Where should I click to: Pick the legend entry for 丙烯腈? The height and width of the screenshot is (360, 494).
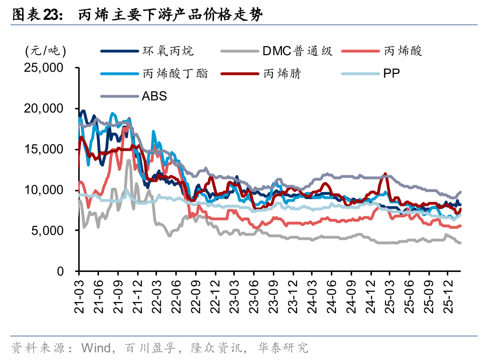[x=282, y=74]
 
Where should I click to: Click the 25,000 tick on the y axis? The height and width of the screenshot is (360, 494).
[x=43, y=68]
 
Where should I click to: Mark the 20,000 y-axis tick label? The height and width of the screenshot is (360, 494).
[x=43, y=109]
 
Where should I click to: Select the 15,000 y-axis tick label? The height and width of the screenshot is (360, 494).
[x=43, y=149]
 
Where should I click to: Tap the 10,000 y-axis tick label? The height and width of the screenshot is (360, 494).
[x=43, y=190]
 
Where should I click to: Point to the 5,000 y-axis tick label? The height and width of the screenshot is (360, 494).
[x=47, y=231]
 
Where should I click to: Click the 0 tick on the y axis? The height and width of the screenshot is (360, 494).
[x=60, y=271]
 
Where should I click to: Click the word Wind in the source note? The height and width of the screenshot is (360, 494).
[x=96, y=348]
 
